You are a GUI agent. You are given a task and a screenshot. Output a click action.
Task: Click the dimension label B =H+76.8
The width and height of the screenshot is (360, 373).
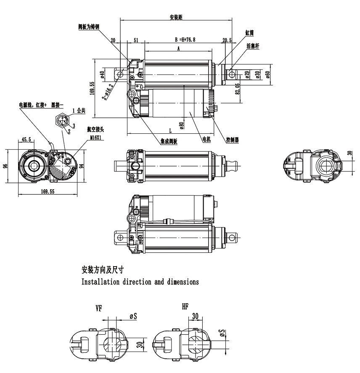(x=185, y=40)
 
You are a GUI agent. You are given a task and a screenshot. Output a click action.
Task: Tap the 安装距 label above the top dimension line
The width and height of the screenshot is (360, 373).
(x=176, y=18)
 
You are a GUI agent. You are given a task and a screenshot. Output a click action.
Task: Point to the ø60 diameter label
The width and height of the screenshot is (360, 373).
(x=267, y=75)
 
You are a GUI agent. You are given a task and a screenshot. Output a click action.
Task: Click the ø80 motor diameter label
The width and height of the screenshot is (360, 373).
(x=181, y=125)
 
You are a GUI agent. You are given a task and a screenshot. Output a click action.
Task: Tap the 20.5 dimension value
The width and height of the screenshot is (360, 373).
(x=227, y=40)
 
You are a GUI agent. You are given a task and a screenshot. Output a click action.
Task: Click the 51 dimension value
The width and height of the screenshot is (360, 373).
(x=136, y=40)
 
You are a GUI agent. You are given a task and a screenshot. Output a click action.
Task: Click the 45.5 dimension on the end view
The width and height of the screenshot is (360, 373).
(x=26, y=139)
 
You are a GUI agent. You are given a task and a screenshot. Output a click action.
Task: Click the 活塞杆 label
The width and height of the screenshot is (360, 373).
(x=254, y=47)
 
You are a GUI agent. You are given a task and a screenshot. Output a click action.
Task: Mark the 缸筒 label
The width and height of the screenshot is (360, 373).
(x=249, y=32)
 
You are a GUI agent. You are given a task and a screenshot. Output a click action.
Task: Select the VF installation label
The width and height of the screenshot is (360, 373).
(x=99, y=308)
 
